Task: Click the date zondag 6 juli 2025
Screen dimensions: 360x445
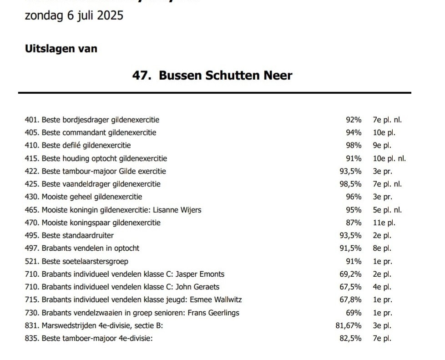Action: click(x=74, y=15)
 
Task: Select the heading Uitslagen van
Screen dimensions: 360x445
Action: click(x=61, y=48)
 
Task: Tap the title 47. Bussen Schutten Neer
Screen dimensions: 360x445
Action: click(x=212, y=75)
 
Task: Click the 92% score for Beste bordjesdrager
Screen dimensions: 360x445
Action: click(x=354, y=120)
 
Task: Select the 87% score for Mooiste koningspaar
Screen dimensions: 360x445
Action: click(x=354, y=223)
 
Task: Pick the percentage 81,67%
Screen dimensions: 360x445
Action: click(x=349, y=326)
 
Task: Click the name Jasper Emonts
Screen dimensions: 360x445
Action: click(x=200, y=274)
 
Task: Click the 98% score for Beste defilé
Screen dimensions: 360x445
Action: click(x=354, y=146)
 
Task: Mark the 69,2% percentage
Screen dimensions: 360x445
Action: click(x=351, y=274)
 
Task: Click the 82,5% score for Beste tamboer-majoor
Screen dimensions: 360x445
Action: click(x=351, y=339)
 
